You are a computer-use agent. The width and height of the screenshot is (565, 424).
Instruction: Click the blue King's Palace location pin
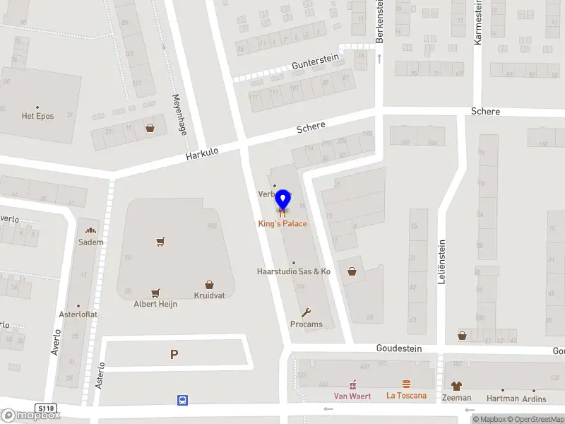282,200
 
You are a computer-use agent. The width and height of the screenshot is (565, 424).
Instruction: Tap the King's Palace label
282,223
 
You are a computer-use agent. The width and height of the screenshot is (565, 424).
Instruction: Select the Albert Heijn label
155,304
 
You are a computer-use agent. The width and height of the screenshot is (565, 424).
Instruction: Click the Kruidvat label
209,295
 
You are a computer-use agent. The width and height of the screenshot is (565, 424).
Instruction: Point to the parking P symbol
174,355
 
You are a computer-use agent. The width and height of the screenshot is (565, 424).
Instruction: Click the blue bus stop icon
182,400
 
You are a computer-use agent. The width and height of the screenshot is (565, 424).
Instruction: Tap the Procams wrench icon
306,312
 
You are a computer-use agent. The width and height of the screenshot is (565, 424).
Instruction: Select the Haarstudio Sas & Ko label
293,271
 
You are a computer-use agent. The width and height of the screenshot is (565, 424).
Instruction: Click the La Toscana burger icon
406,384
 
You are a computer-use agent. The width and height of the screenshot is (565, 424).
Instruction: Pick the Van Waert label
352,396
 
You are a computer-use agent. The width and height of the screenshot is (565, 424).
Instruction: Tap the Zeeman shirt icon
456,386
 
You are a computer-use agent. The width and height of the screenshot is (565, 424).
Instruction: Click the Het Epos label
37,116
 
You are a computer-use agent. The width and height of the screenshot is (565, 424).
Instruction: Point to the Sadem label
90,242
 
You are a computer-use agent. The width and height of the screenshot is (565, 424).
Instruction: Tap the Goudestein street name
398,348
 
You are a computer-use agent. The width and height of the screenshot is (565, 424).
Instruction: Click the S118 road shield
47,408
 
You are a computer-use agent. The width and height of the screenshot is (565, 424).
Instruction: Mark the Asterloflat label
78,314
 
